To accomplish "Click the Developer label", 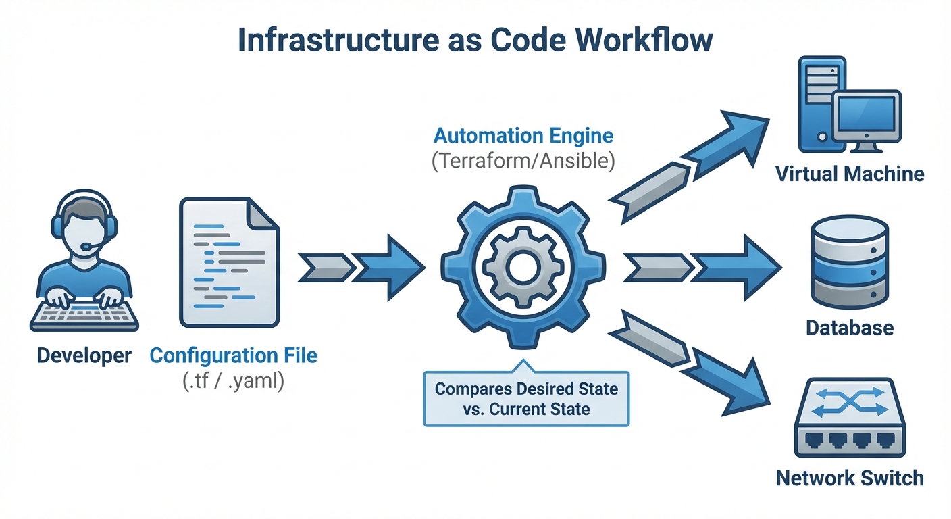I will [84, 355].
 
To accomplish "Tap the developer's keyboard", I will [84, 314].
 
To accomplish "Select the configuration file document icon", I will [228, 263].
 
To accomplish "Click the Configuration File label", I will [233, 355].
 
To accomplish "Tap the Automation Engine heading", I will [523, 136].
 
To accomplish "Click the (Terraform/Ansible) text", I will [523, 162].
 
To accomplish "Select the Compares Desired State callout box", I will [526, 399].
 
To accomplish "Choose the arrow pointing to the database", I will [702, 268].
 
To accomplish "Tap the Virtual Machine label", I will [849, 174].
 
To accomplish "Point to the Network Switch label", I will [849, 478].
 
